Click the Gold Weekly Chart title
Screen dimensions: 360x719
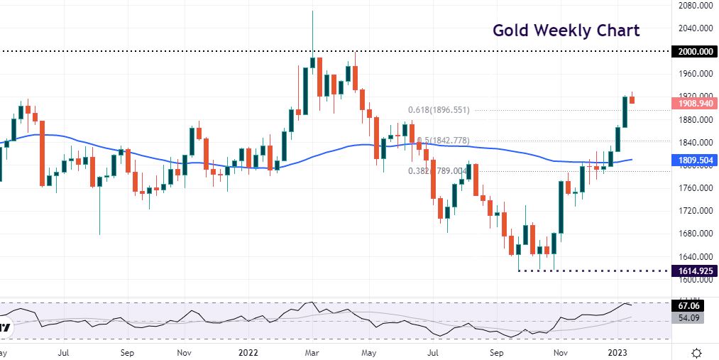point(566,31)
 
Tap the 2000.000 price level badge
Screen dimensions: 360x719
point(696,52)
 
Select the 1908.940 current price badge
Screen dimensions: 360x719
point(696,104)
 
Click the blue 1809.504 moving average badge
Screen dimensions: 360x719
point(696,160)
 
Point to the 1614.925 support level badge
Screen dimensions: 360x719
point(696,271)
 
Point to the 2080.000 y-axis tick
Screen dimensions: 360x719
point(696,6)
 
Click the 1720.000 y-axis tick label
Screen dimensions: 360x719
point(696,211)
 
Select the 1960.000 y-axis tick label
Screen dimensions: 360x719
point(696,74)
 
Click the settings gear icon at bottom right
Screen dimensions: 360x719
point(697,352)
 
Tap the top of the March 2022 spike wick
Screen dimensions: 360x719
point(312,11)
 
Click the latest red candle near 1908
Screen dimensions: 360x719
point(632,99)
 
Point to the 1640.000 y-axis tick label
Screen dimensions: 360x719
point(696,256)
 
